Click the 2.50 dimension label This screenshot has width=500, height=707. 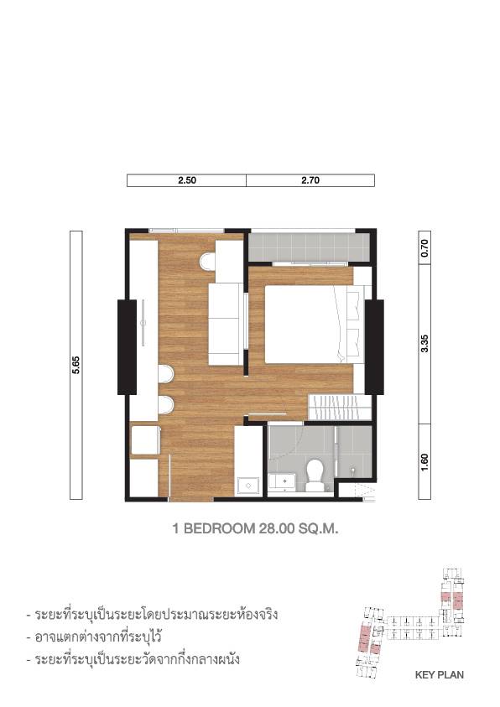click(186, 180)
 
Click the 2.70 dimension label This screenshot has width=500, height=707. click(310, 180)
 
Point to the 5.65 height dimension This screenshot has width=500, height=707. click(76, 365)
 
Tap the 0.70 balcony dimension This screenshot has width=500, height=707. click(424, 248)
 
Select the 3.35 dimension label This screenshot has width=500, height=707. click(424, 344)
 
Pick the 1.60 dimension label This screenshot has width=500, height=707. click(424, 462)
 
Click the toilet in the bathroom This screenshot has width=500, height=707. click(314, 476)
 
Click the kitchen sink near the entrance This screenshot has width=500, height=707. click(248, 486)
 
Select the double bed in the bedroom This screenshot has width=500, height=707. click(315, 324)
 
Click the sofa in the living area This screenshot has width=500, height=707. click(226, 324)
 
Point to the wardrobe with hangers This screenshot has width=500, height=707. click(340, 407)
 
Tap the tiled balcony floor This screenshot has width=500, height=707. click(310, 247)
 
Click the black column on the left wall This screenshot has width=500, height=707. click(128, 347)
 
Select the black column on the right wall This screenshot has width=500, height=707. click(374, 347)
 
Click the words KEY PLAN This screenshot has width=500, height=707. click(439, 675)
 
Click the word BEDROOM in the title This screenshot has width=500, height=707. click(219, 528)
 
